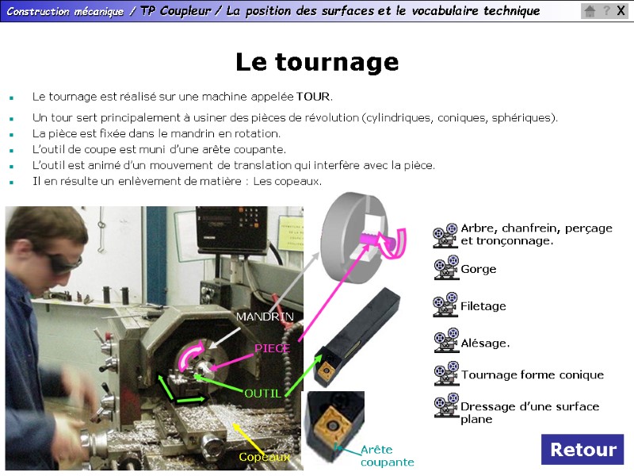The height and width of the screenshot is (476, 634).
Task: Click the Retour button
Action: [582, 449]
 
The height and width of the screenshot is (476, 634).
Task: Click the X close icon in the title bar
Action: [621, 10]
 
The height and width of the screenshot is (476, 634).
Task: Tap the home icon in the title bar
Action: [590, 11]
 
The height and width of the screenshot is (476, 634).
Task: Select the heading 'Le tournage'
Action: [318, 62]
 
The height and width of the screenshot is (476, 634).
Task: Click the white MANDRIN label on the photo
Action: [265, 317]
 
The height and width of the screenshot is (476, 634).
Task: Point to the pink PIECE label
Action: [272, 348]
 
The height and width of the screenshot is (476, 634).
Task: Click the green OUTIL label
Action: [263, 393]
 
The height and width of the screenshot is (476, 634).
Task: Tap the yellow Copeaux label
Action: [265, 457]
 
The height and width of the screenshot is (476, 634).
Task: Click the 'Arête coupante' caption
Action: [387, 455]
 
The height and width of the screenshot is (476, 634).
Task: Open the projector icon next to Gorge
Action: [446, 267]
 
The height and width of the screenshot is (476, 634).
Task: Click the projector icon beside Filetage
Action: [445, 305]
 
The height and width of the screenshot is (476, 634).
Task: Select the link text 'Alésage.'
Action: [485, 344]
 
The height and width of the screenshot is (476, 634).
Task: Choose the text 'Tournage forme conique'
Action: [533, 374]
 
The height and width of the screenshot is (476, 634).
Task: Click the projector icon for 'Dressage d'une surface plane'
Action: [446, 405]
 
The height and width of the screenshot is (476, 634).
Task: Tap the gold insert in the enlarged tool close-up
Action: [332, 426]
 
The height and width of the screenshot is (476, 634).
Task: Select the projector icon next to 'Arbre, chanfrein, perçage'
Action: [445, 235]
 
